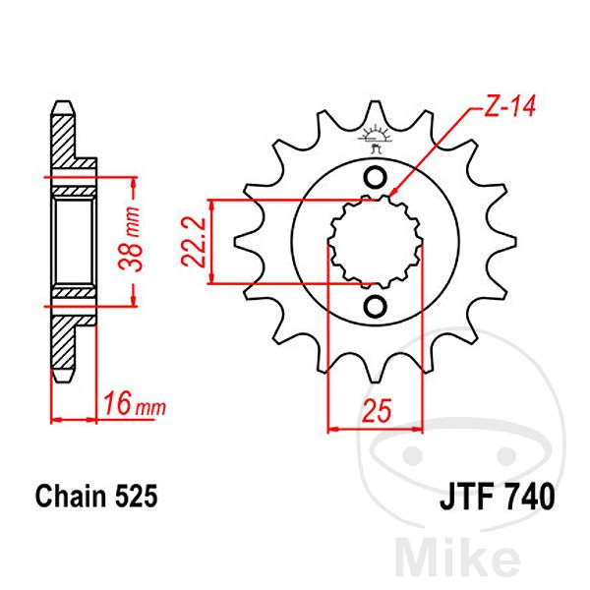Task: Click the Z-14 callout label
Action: [509, 106]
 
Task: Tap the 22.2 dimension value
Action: [193, 242]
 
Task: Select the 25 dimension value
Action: [377, 410]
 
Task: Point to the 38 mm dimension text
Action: [130, 239]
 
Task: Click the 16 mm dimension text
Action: [135, 404]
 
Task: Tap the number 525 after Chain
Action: [137, 496]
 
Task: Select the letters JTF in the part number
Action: [466, 497]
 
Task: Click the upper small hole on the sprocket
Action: [375, 177]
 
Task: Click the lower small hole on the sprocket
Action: [375, 306]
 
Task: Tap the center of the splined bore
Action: [376, 242]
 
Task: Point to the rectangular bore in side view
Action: [74, 242]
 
